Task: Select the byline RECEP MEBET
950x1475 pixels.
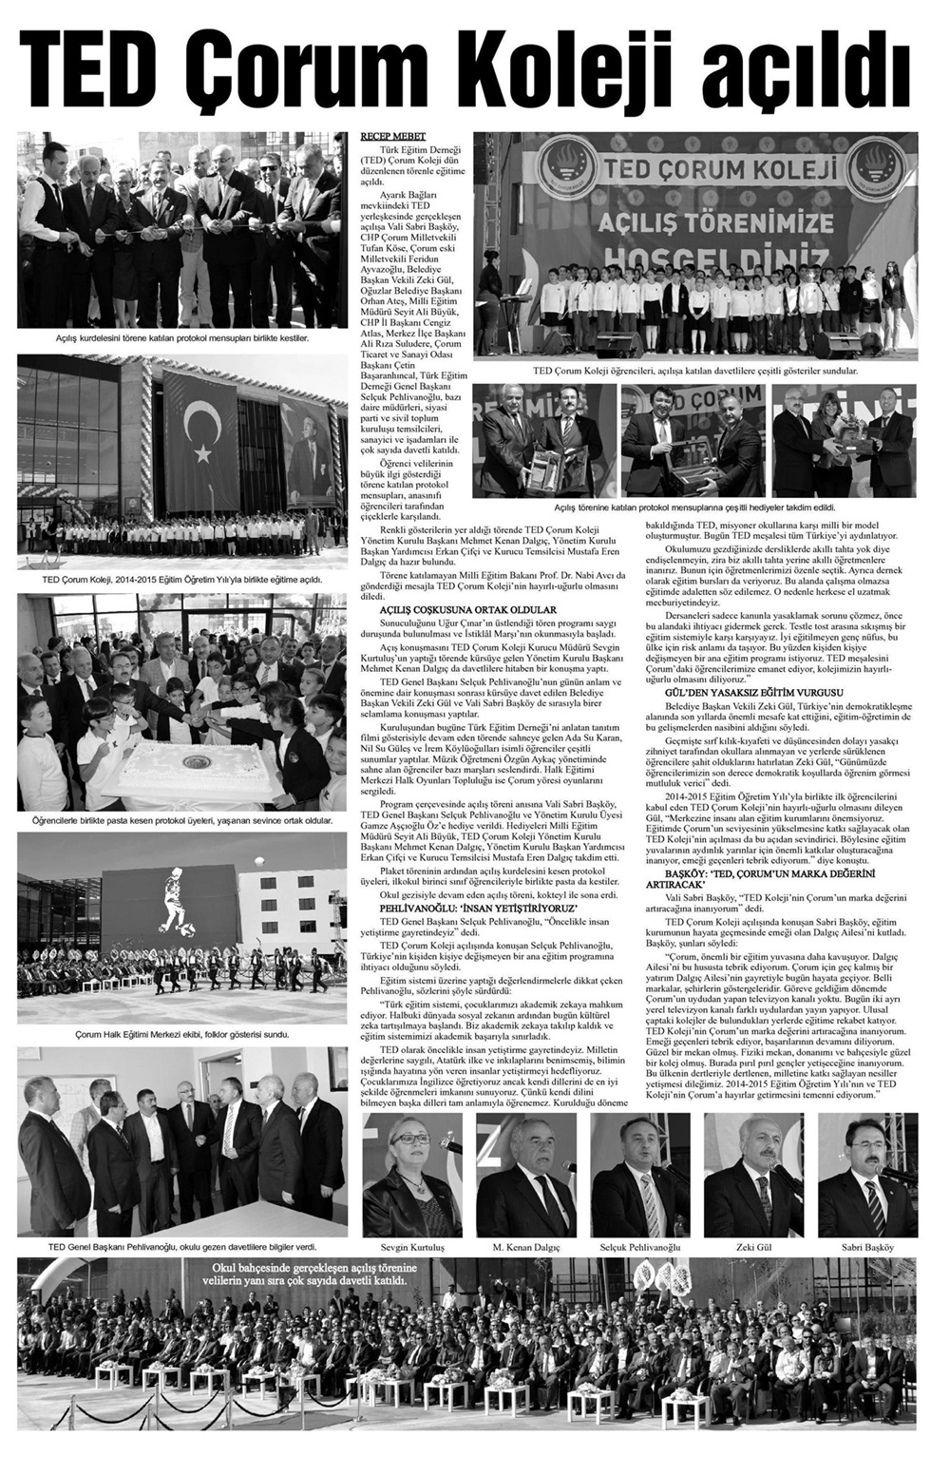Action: [391, 137]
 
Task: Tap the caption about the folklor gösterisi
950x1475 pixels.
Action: [181, 1034]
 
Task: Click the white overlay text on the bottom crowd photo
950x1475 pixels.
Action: [315, 1275]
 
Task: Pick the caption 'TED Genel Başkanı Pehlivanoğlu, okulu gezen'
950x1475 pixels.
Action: [181, 1246]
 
